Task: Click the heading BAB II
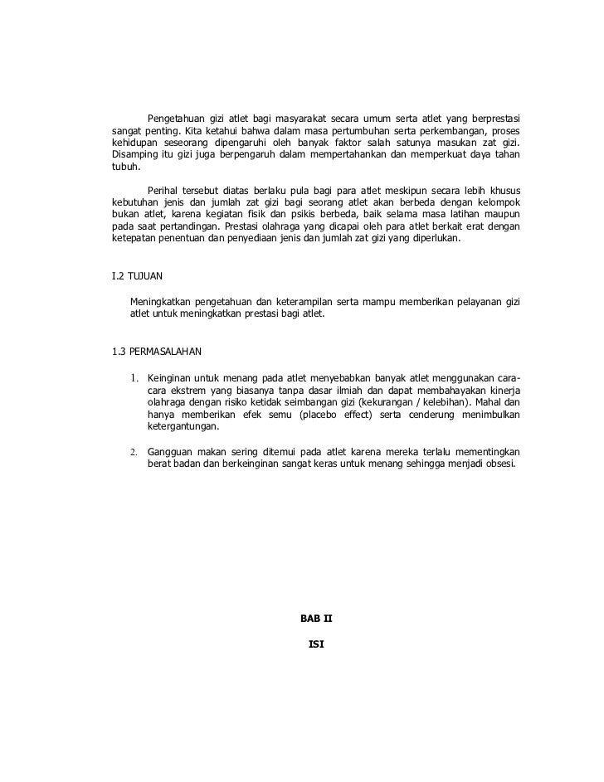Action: (315, 618)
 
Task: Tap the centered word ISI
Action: (315, 644)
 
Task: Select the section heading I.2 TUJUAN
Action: (139, 275)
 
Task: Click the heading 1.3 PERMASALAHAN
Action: (156, 350)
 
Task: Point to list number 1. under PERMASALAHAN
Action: (134, 378)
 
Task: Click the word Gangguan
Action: (171, 452)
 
